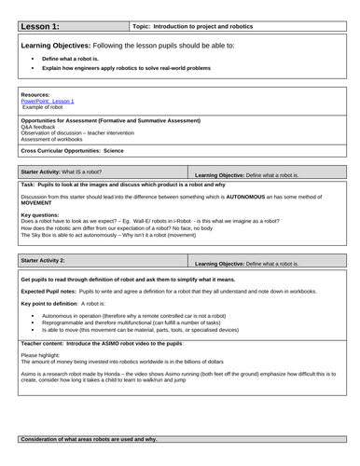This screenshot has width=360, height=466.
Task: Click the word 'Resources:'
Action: (x=33, y=95)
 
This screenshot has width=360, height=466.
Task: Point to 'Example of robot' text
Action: (x=42, y=107)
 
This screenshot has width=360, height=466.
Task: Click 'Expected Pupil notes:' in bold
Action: (x=50, y=291)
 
